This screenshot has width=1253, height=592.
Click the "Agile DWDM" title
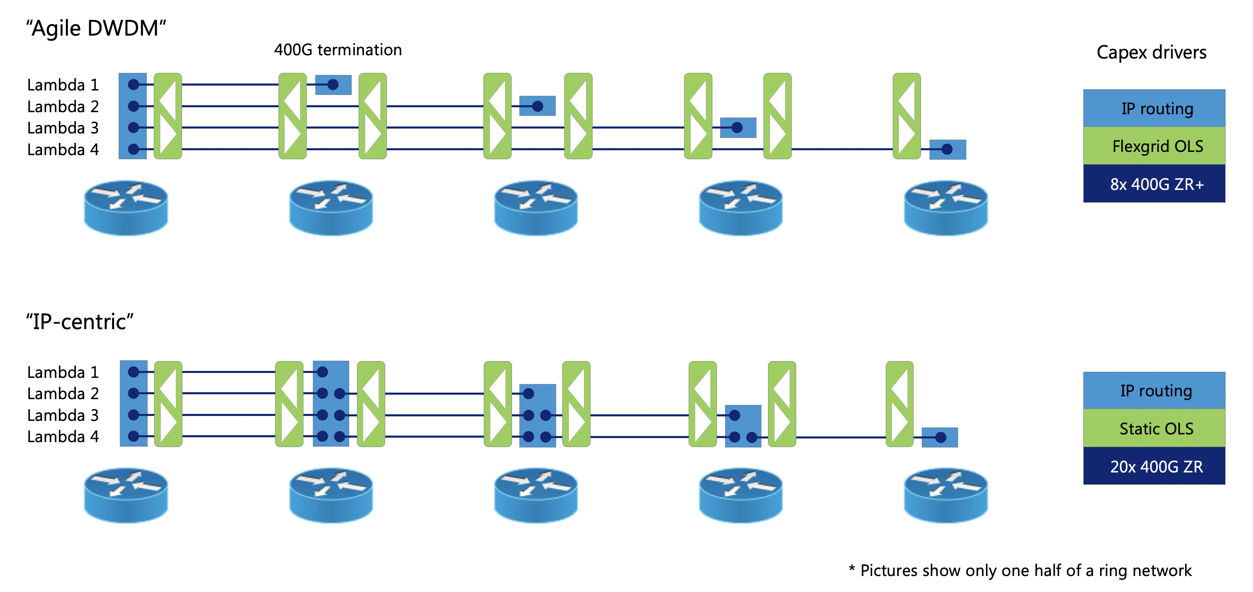(x=96, y=28)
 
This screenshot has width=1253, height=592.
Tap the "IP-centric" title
(x=79, y=322)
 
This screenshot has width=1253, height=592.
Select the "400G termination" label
(x=337, y=50)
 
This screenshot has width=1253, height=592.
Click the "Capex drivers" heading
(x=1151, y=52)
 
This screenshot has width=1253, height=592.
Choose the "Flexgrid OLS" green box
(x=1154, y=146)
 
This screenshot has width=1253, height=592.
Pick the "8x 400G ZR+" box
(x=1154, y=184)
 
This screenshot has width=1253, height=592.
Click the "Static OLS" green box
(x=1154, y=428)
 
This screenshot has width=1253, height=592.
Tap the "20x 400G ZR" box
(x=1154, y=466)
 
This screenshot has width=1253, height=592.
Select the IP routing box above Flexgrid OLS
(x=1154, y=108)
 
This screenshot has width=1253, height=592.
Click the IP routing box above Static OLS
(x=1154, y=391)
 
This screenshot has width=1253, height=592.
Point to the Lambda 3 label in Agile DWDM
(x=63, y=128)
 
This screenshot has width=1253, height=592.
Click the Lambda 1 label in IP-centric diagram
(x=63, y=373)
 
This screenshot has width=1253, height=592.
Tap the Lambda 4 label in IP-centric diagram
(x=63, y=437)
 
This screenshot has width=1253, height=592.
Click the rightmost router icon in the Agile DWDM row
(x=945, y=208)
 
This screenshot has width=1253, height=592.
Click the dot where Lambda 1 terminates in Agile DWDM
(x=333, y=85)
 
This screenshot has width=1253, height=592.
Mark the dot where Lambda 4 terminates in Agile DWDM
(x=947, y=149)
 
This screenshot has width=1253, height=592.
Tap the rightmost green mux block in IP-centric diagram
(x=899, y=404)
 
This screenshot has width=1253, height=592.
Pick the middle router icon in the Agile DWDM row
(x=536, y=208)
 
